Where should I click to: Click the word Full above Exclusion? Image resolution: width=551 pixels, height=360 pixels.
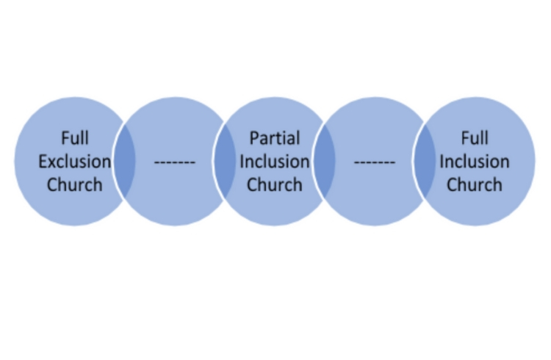pyautogui.click(x=74, y=138)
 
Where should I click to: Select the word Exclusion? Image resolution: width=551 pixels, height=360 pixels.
pyautogui.click(x=74, y=162)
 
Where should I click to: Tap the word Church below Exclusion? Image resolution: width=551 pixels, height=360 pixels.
pyautogui.click(x=74, y=184)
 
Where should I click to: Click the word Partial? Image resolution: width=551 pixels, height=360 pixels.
pyautogui.click(x=275, y=138)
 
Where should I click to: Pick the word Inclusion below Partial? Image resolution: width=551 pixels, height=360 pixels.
pyautogui.click(x=275, y=162)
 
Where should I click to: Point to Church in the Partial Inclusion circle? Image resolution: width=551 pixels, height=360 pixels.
pyautogui.click(x=275, y=184)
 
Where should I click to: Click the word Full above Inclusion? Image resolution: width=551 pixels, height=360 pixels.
pyautogui.click(x=475, y=138)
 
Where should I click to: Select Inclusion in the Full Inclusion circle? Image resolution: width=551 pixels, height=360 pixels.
pyautogui.click(x=475, y=162)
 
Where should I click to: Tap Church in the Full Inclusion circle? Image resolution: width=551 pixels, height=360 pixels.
pyautogui.click(x=475, y=184)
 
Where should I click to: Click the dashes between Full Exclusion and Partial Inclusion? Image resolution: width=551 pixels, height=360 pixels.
pyautogui.click(x=175, y=162)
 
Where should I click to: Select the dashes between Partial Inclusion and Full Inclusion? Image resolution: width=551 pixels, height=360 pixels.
pyautogui.click(x=375, y=162)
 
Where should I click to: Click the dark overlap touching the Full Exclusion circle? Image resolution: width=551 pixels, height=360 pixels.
pyautogui.click(x=125, y=161)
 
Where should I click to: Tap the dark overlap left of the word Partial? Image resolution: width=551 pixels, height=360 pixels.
pyautogui.click(x=225, y=161)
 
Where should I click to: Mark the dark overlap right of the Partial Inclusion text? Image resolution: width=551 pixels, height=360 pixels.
pyautogui.click(x=325, y=161)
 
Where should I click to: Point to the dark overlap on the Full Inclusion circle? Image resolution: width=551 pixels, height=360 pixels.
pyautogui.click(x=425, y=161)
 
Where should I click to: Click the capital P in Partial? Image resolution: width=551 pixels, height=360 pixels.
pyautogui.click(x=253, y=138)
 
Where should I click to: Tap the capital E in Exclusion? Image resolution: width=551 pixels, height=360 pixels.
pyautogui.click(x=42, y=162)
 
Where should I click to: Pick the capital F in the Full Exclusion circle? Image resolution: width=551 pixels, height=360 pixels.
pyautogui.click(x=65, y=138)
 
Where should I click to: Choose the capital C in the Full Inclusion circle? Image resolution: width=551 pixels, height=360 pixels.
pyautogui.click(x=452, y=184)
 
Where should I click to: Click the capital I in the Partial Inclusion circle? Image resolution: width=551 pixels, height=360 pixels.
pyautogui.click(x=242, y=162)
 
